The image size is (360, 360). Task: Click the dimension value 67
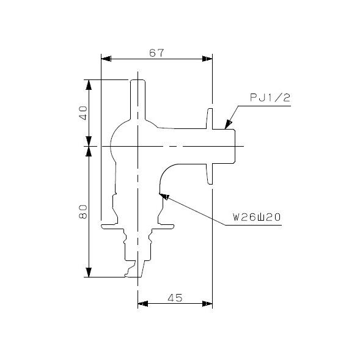click(156, 53)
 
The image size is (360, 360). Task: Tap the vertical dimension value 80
click(84, 211)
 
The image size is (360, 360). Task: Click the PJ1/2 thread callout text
click(270, 97)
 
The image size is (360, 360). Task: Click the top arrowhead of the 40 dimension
click(90, 84)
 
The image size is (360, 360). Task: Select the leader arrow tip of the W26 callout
click(162, 194)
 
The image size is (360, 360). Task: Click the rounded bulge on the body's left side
click(114, 145)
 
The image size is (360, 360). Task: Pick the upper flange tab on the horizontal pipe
click(209, 118)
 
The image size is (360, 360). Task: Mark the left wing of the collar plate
click(110, 227)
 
